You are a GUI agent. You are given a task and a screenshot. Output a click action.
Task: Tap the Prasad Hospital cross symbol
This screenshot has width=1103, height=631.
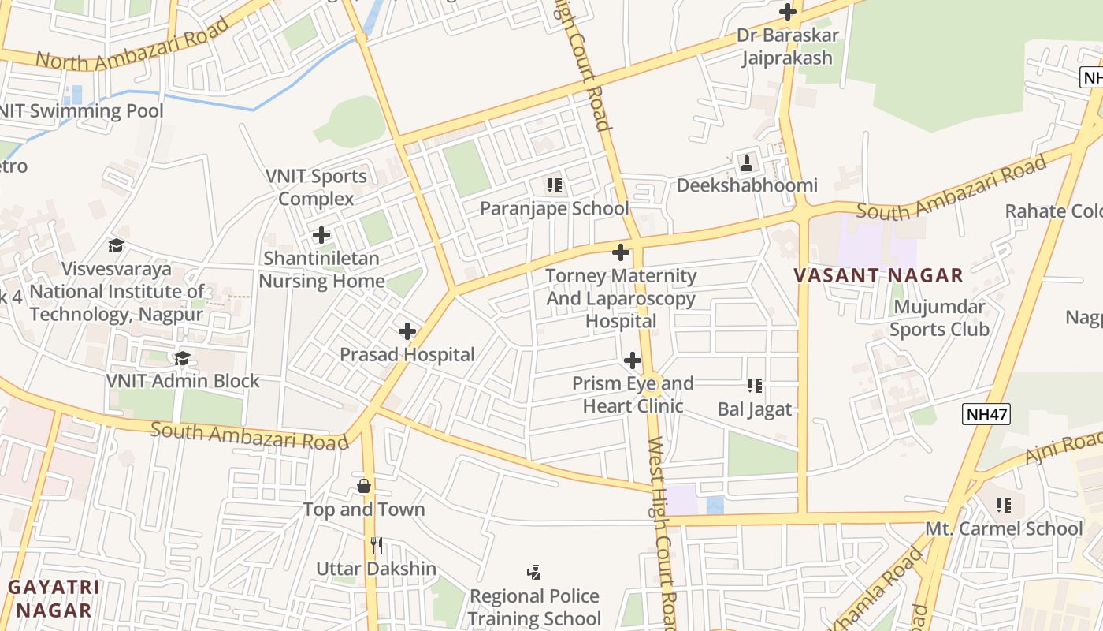pos(407,331)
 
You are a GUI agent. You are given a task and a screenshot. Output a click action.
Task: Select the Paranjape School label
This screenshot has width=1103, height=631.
pos(555,208)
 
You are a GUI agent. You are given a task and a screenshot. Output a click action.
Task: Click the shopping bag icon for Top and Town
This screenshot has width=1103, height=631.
pos(364,486)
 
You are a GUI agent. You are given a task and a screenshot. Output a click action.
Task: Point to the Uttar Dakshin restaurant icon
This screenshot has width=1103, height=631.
pos(377,545)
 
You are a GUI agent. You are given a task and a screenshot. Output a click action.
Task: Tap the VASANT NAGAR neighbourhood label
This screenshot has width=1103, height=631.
pos(878,275)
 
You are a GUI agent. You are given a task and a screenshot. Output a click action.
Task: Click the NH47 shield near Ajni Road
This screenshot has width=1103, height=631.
pos(986,414)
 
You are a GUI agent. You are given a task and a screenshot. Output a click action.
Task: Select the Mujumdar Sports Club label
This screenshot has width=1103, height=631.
pos(939,318)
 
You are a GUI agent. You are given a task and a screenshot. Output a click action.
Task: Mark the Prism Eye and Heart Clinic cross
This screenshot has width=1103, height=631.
pos(632,361)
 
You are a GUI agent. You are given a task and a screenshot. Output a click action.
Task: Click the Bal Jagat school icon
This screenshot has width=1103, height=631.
pos(755,386)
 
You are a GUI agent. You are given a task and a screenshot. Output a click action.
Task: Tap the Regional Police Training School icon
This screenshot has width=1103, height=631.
pos(534,572)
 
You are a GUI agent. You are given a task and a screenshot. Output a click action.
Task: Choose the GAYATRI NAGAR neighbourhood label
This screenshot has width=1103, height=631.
pos(54,599)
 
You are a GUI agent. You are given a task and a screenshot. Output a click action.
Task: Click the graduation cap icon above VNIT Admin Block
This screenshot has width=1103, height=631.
pos(183,359)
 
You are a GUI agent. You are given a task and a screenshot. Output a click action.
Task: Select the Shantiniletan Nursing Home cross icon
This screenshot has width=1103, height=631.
pos(321,235)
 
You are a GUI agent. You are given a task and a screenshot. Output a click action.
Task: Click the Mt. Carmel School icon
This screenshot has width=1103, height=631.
pos(1003,505)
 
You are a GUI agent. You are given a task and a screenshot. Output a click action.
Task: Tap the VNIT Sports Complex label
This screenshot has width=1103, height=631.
pos(316,187)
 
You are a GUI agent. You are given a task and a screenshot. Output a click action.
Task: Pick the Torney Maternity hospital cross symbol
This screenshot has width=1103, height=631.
pos(621,252)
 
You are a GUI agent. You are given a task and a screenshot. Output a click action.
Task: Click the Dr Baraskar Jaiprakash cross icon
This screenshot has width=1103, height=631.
pos(787,12)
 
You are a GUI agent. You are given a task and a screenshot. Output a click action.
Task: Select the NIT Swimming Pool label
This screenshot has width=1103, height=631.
pos(82,110)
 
